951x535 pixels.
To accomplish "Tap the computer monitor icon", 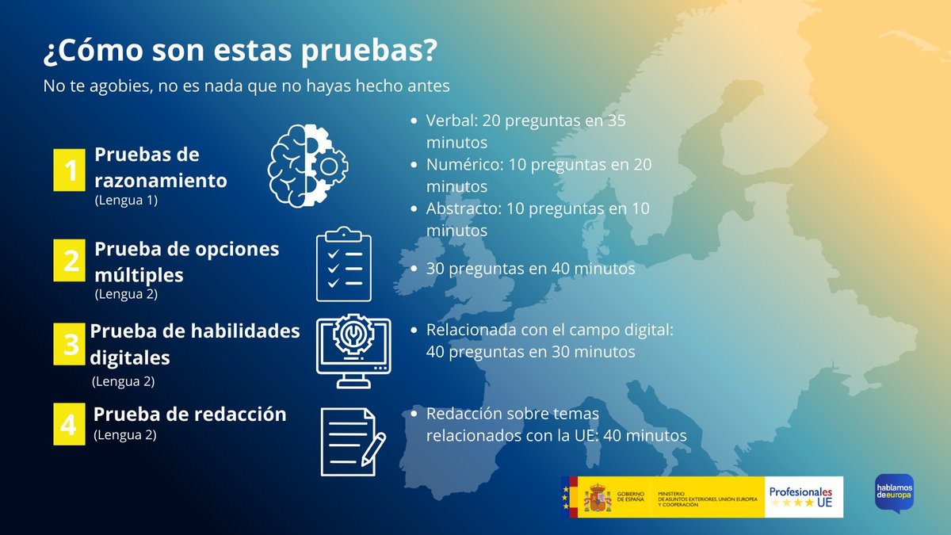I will tap(353, 350).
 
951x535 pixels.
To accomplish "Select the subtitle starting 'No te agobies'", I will tap(246, 85).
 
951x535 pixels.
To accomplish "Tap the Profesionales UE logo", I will tap(804, 497).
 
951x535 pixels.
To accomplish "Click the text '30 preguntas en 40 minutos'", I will tap(530, 269).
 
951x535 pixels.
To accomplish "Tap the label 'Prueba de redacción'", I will tap(189, 414).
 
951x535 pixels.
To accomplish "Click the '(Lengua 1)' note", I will tap(126, 201).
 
